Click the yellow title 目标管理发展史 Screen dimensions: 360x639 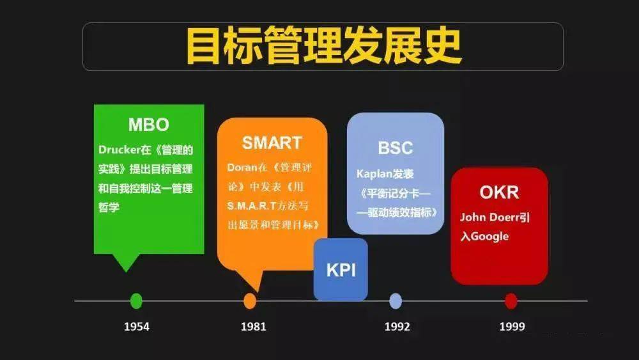click(x=323, y=46)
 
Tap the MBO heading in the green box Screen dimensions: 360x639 click(x=148, y=124)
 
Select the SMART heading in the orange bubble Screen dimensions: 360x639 click(x=272, y=143)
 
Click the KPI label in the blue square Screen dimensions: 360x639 click(x=341, y=270)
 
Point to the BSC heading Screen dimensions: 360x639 click(x=395, y=148)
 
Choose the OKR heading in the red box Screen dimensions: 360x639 click(x=499, y=192)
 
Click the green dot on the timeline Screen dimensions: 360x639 click(x=136, y=301)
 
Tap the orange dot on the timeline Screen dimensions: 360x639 click(x=250, y=301)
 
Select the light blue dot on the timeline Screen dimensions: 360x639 click(x=396, y=301)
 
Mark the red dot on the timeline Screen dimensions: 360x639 click(x=511, y=301)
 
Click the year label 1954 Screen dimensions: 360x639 click(x=137, y=327)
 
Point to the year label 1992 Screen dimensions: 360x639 click(x=397, y=327)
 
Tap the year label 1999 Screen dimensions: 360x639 click(x=512, y=327)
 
